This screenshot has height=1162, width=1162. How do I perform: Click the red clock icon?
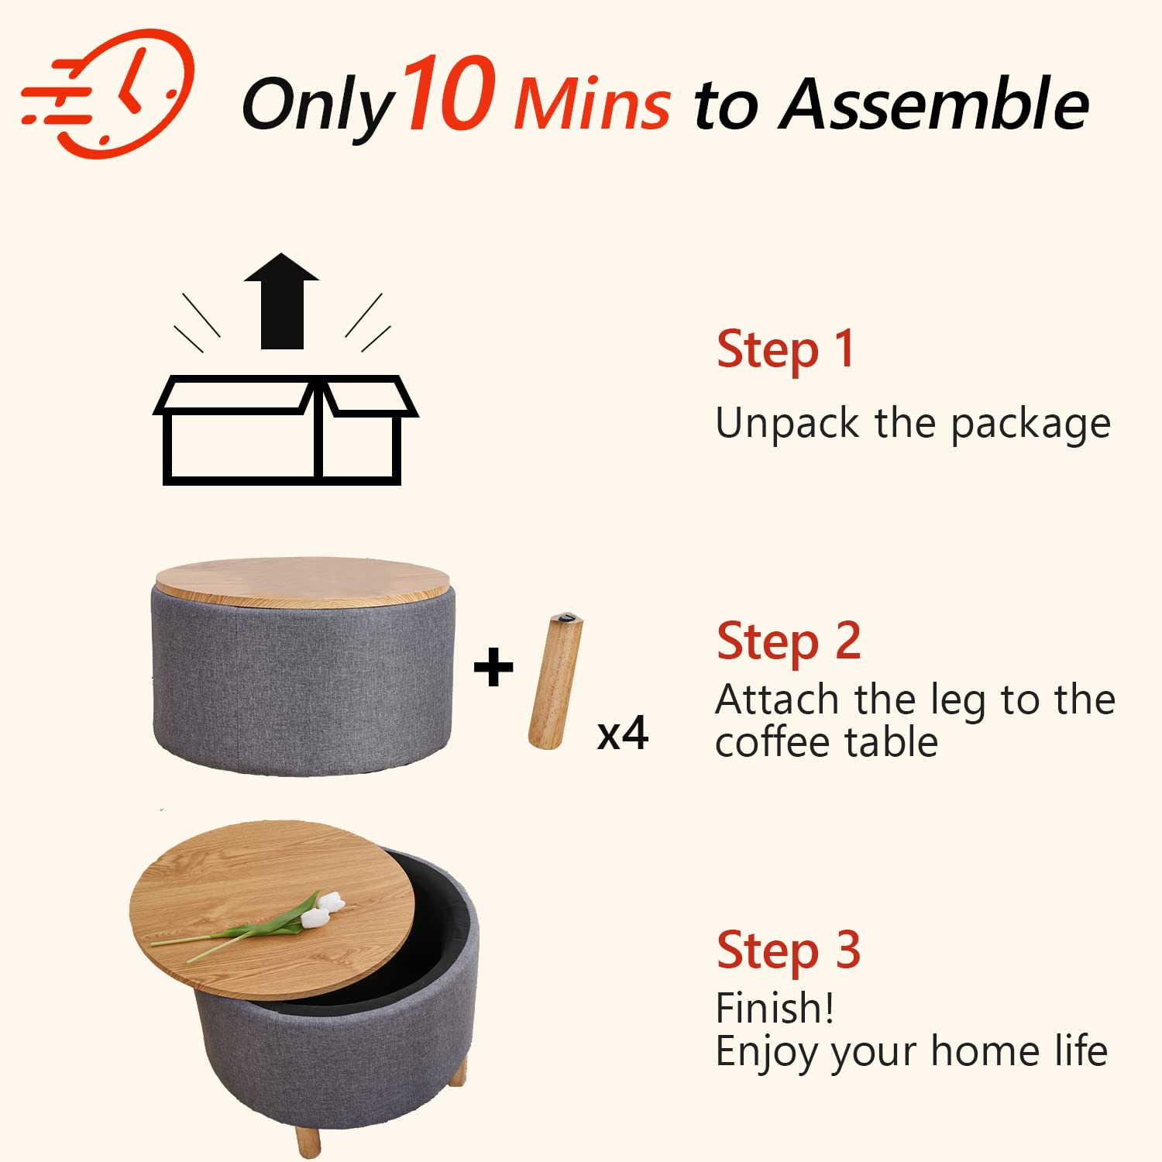click(x=108, y=93)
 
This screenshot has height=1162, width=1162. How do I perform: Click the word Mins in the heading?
click(x=593, y=104)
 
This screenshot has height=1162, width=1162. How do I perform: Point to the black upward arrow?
click(x=281, y=301)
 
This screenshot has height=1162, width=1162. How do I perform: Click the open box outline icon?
click(x=285, y=430)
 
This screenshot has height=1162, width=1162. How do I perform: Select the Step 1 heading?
click(x=786, y=349)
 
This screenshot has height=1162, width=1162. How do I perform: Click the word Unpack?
click(x=788, y=424)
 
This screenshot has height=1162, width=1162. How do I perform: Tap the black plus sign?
click(x=493, y=667)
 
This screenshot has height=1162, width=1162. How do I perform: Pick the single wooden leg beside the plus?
click(x=555, y=682)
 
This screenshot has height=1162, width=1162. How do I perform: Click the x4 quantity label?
click(x=623, y=733)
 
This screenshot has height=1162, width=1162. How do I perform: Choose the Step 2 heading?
click(x=789, y=642)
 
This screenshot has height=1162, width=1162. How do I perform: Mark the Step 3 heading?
click(x=789, y=951)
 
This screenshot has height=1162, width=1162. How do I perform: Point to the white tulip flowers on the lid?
click(x=321, y=909)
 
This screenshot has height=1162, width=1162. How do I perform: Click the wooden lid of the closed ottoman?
click(x=302, y=582)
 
